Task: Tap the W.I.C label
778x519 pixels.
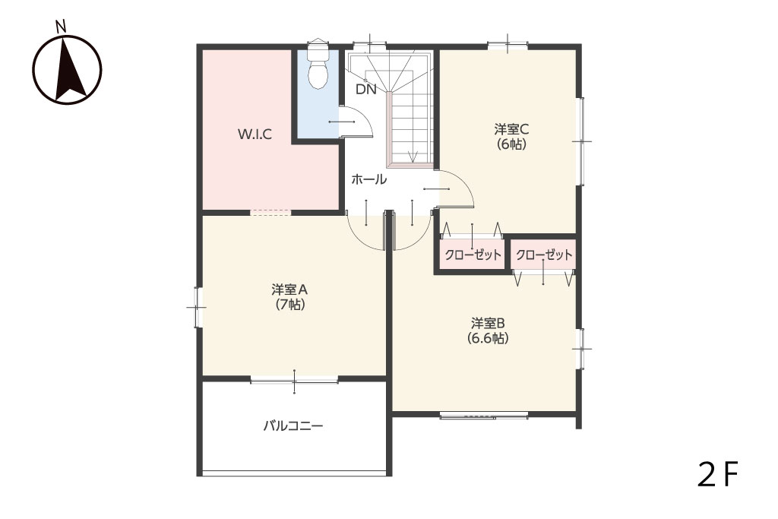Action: [255, 134]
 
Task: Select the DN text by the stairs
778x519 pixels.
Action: [366, 90]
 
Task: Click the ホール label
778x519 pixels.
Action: [368, 179]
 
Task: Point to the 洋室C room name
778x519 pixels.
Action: [511, 129]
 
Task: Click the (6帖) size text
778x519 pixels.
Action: [511, 144]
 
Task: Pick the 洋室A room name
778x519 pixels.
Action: [290, 290]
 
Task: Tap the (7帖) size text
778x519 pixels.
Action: [290, 304]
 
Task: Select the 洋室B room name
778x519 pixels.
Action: [488, 323]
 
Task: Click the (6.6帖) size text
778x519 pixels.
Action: [488, 338]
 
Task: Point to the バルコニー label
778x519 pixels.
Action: [293, 426]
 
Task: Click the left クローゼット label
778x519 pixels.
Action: [473, 255]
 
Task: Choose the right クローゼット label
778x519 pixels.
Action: [544, 255]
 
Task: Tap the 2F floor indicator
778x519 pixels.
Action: [718, 474]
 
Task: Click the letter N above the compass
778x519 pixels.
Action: [61, 27]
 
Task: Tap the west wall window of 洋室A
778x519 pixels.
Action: [198, 307]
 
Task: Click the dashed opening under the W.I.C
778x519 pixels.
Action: [270, 212]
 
